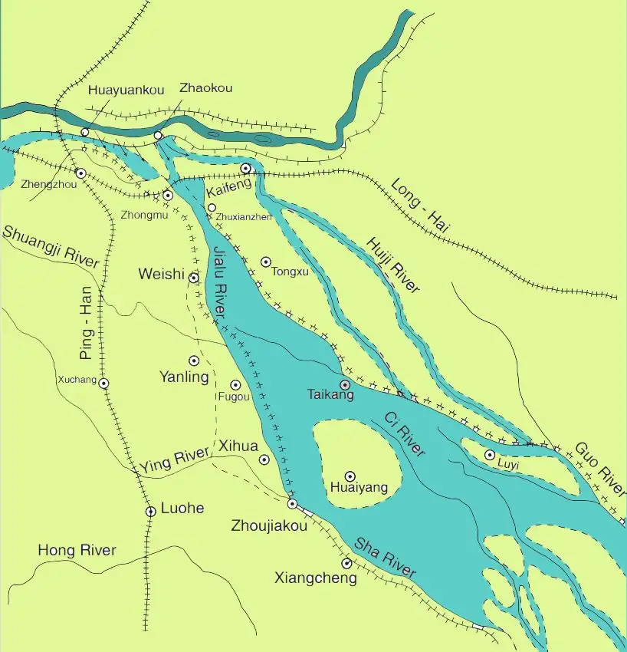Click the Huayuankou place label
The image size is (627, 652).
pyautogui.click(x=115, y=91)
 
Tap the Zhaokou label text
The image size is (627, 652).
pyautogui.click(x=205, y=88)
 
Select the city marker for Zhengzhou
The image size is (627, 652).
pyautogui.click(x=80, y=173)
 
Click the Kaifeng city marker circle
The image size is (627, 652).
pyautogui.click(x=246, y=168)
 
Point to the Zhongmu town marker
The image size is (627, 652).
pyautogui.click(x=168, y=196)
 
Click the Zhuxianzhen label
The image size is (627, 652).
pyautogui.click(x=245, y=217)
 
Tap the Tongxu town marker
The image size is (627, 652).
pyautogui.click(x=266, y=262)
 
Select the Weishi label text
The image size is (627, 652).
pyautogui.click(x=161, y=275)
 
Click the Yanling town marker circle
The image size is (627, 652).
pyautogui.click(x=194, y=361)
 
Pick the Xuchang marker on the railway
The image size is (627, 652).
pyautogui.click(x=103, y=383)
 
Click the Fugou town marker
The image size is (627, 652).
pyautogui.click(x=235, y=385)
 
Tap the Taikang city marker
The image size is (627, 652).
pyautogui.click(x=345, y=384)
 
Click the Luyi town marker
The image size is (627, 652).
pyautogui.click(x=490, y=455)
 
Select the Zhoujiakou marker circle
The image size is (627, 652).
pyautogui.click(x=292, y=504)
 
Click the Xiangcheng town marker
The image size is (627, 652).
pyautogui.click(x=346, y=564)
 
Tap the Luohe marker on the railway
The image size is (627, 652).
pyautogui.click(x=151, y=511)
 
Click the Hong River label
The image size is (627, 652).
pyautogui.click(x=77, y=550)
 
